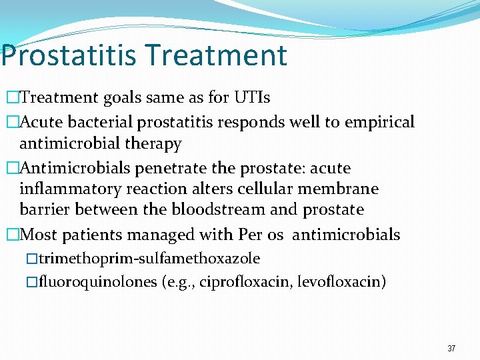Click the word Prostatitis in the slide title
68,55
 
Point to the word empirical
380,122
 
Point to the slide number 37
451,349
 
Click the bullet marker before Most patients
11,235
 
